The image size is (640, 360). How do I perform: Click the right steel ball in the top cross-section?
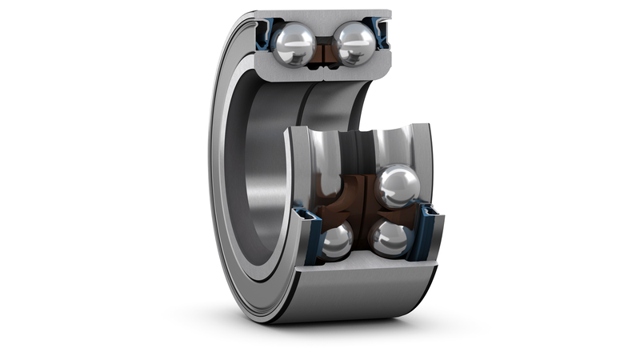pyautogui.click(x=354, y=42)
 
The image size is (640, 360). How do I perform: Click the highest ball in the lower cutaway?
pyautogui.click(x=397, y=186)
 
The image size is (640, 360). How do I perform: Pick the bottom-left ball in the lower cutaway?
pyautogui.click(x=336, y=241)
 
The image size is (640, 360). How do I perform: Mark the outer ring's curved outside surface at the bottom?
pyautogui.click(x=360, y=296)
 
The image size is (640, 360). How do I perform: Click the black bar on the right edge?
pyautogui.click(x=605, y=180)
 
